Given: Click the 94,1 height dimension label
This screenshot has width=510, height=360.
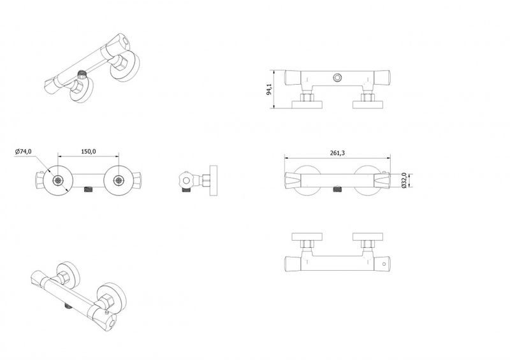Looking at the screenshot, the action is click(x=269, y=89).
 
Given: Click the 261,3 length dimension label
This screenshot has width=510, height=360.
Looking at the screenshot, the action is click(x=337, y=153).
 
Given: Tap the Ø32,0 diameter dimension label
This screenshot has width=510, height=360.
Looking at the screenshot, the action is click(x=404, y=180).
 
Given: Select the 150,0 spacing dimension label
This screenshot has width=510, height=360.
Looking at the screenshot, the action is click(x=89, y=152).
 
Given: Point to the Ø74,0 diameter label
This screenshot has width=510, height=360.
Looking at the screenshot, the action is click(x=23, y=152).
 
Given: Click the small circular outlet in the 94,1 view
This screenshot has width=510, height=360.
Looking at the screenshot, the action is click(x=337, y=78).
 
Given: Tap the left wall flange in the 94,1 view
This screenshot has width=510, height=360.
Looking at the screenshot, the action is click(x=307, y=104).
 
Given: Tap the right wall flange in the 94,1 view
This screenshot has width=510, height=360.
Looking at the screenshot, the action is click(x=368, y=104).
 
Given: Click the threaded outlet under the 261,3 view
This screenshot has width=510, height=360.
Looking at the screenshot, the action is click(x=338, y=189).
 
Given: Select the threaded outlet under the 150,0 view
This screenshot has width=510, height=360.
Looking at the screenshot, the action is click(x=89, y=189).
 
